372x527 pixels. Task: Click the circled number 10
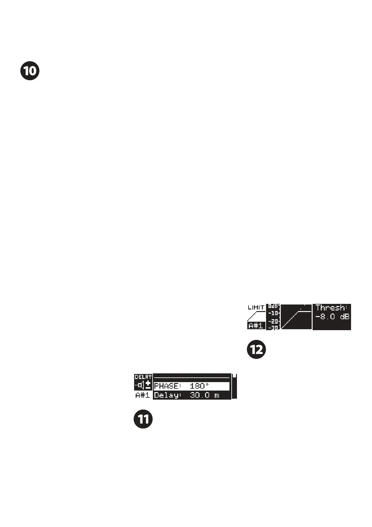(30, 71)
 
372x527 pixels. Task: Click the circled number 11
(143, 419)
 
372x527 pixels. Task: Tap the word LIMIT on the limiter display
(256, 307)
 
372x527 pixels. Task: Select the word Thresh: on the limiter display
(332, 308)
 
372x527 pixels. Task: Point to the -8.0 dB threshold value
(332, 317)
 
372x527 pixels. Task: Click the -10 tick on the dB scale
(274, 313)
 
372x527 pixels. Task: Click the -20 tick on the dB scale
(274, 321)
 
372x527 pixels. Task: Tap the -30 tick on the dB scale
(274, 328)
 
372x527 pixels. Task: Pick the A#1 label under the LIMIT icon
(256, 326)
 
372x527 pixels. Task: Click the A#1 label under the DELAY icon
(143, 395)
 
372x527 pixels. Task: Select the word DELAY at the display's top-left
(143, 377)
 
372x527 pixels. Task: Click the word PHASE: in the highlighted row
(168, 386)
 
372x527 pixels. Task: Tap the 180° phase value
(199, 386)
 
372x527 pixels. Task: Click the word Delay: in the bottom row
(168, 395)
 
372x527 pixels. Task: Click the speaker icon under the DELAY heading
(139, 385)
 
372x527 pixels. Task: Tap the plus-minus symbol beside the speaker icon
(148, 385)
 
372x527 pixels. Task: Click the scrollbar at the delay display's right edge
(234, 386)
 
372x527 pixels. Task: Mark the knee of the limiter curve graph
(298, 312)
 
